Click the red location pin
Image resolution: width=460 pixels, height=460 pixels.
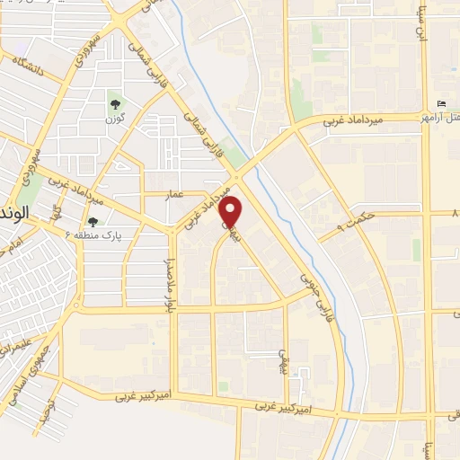(x=232, y=212)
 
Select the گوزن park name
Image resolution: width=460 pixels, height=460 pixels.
(x=113, y=119)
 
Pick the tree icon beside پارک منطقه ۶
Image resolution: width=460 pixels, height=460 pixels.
(x=92, y=222)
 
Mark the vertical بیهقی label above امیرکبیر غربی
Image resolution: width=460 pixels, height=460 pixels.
(x=283, y=360)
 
